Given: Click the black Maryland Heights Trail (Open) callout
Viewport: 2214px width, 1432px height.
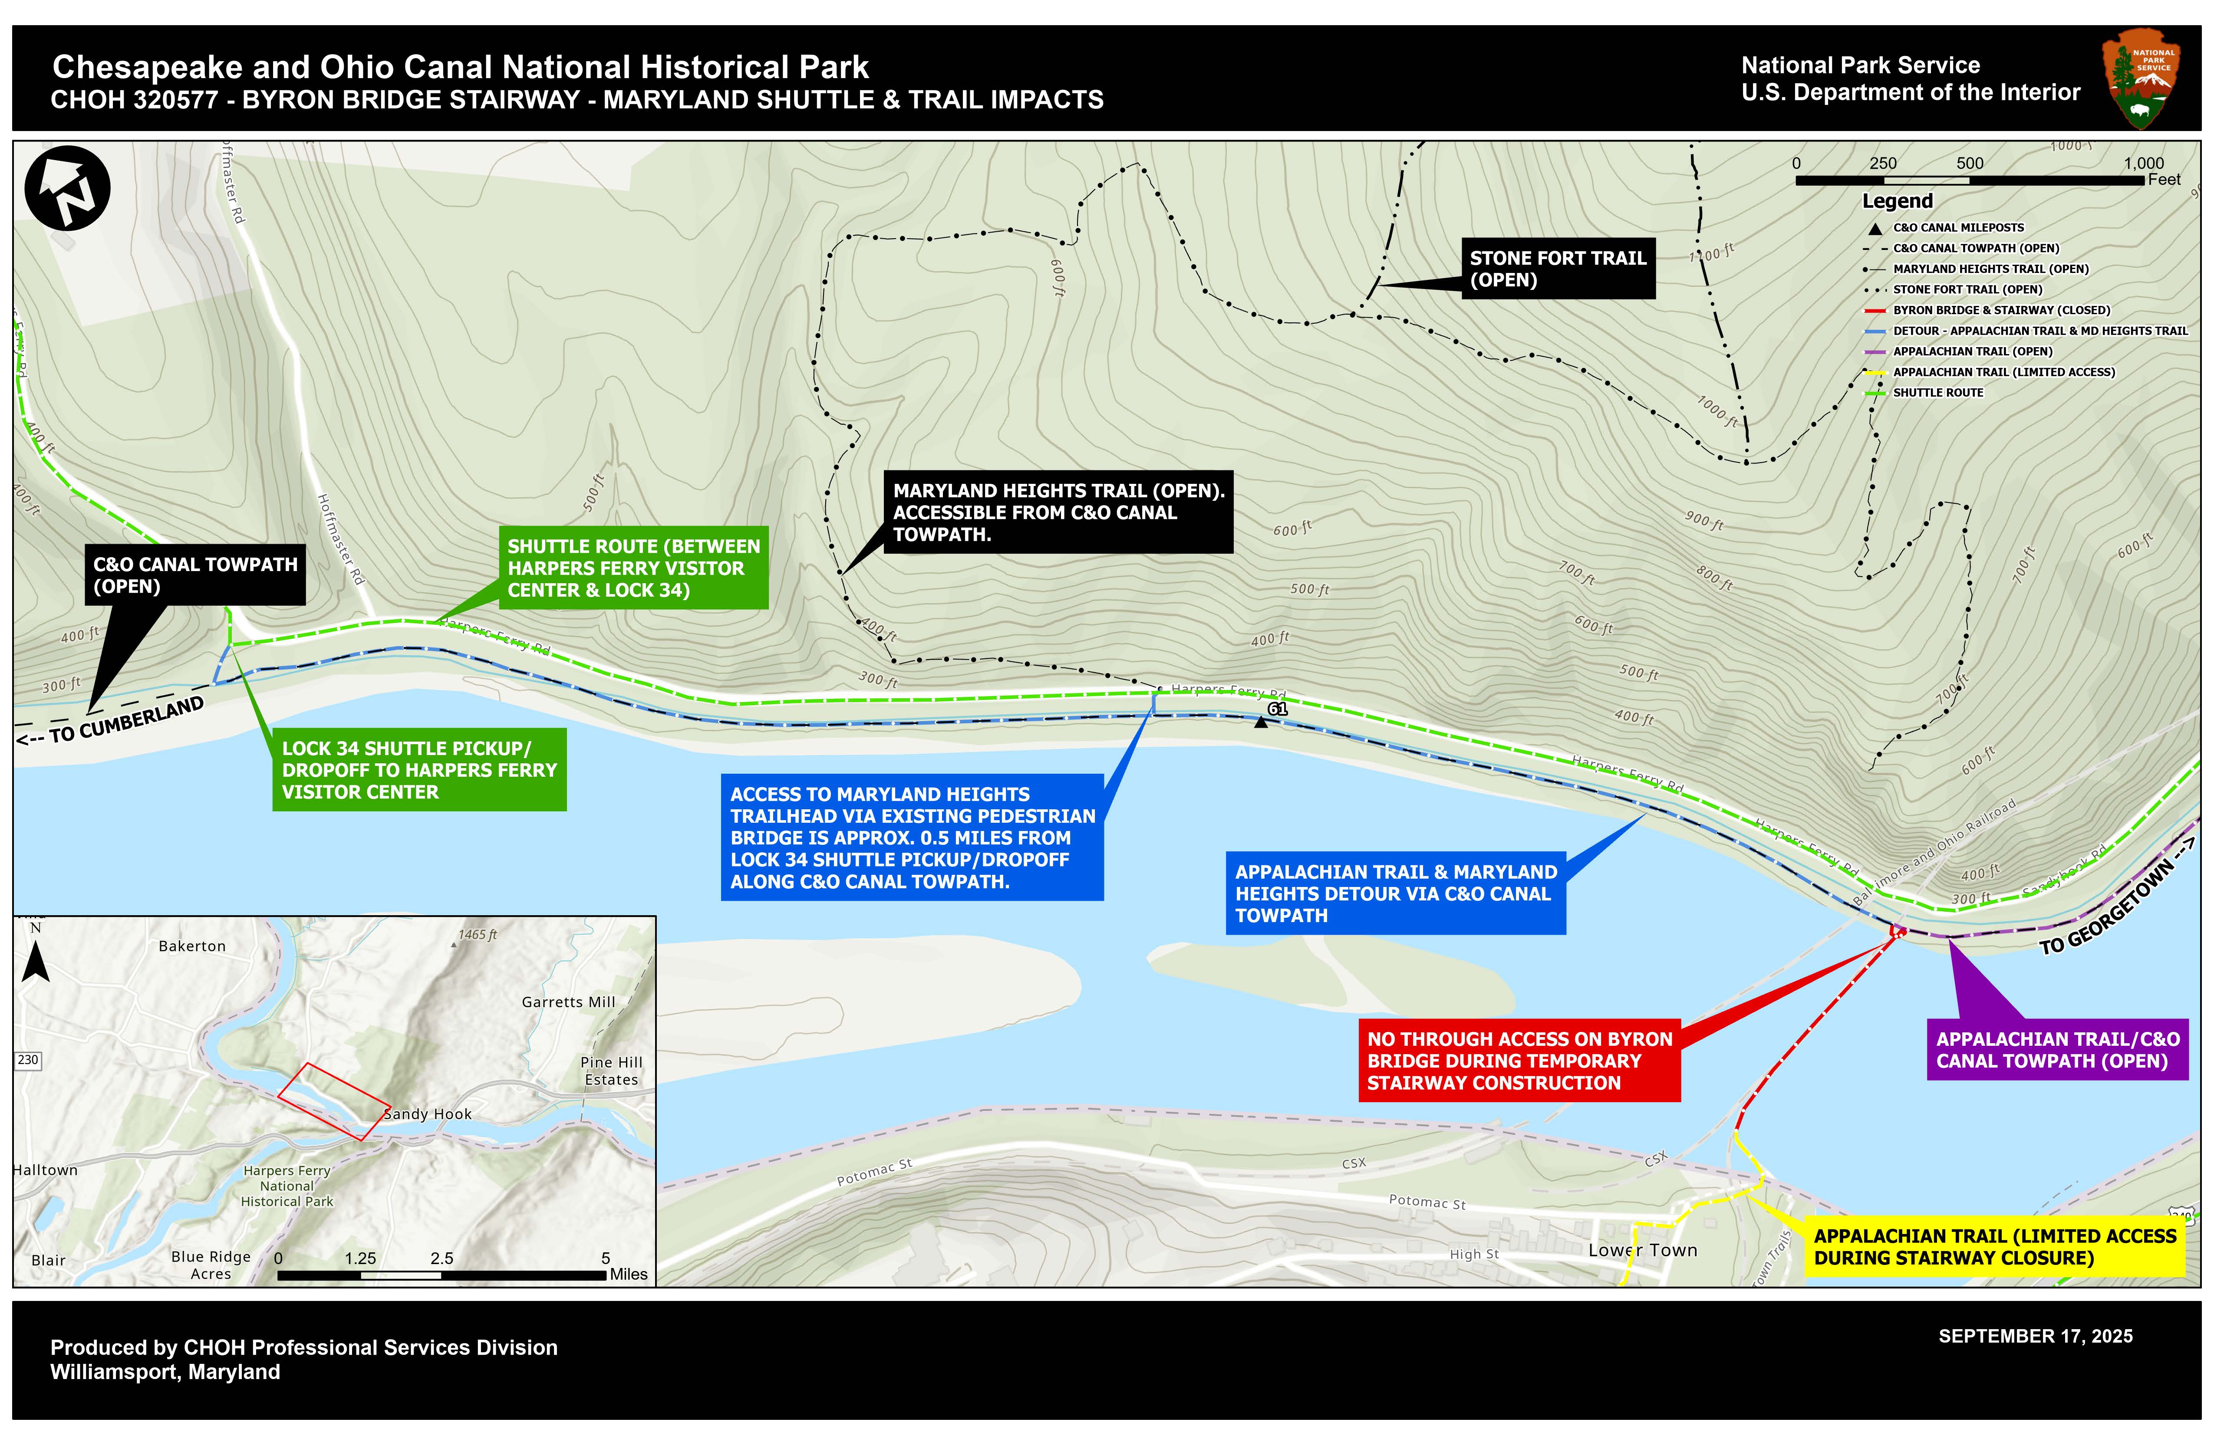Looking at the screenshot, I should (1058, 512).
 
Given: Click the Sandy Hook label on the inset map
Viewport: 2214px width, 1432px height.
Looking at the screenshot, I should (428, 1114).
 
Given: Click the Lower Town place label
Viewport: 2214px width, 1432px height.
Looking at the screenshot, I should (1642, 1251).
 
